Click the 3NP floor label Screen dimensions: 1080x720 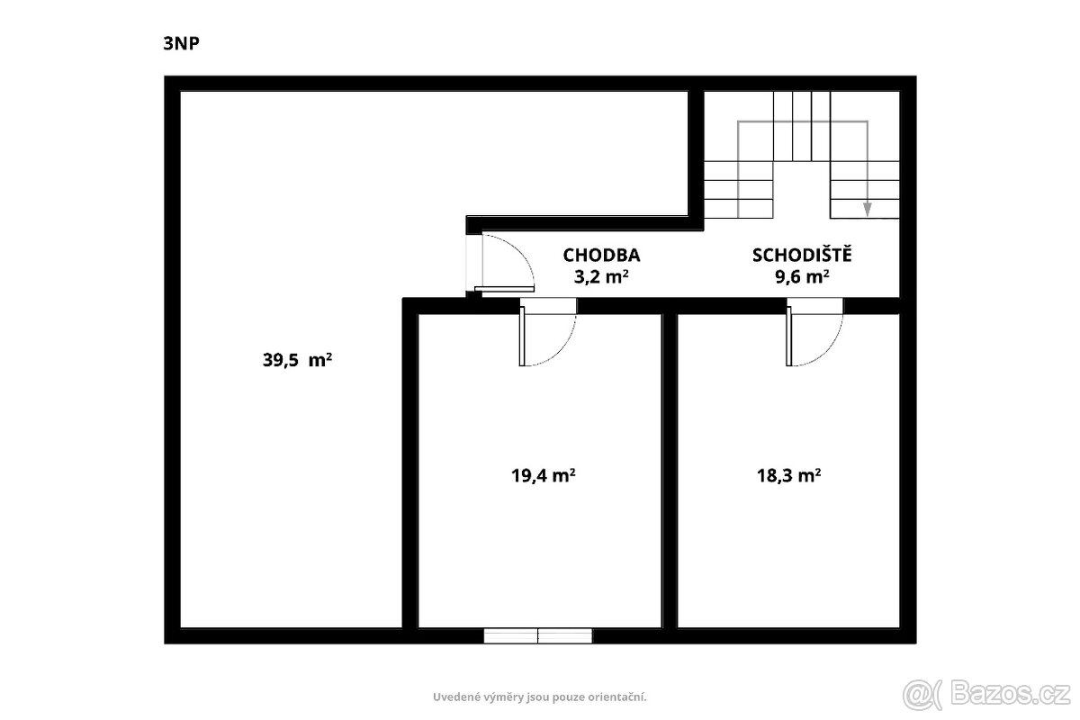tap(181, 43)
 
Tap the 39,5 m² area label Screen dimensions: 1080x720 tap(297, 360)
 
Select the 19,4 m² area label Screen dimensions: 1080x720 tap(543, 475)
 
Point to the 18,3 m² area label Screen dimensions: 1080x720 tap(788, 475)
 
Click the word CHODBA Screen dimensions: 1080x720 tap(601, 255)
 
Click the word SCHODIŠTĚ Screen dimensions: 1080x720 tap(802, 254)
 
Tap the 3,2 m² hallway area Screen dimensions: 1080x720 tap(601, 277)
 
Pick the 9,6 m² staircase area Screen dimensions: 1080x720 tap(802, 277)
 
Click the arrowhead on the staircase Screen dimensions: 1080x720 tap(867, 210)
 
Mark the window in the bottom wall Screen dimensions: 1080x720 tap(537, 635)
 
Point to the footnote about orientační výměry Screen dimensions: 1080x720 tap(539, 697)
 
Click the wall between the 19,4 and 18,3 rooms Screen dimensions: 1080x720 tap(670, 471)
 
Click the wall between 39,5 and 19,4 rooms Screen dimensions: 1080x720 tap(409, 471)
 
